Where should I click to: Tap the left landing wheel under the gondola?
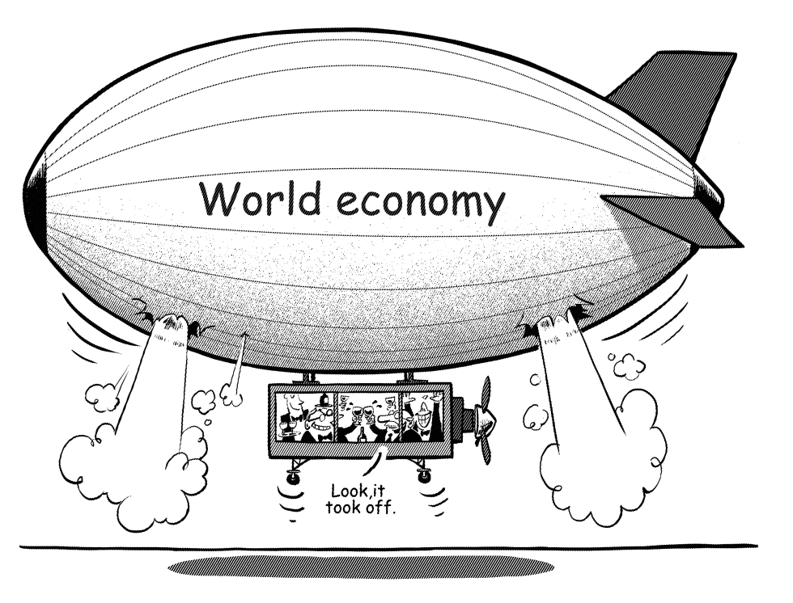tap(292, 474)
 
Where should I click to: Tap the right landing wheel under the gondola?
tap(424, 474)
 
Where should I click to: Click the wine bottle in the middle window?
tap(363, 432)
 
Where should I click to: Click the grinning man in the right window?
tap(422, 417)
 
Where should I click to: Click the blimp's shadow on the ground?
tap(360, 566)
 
